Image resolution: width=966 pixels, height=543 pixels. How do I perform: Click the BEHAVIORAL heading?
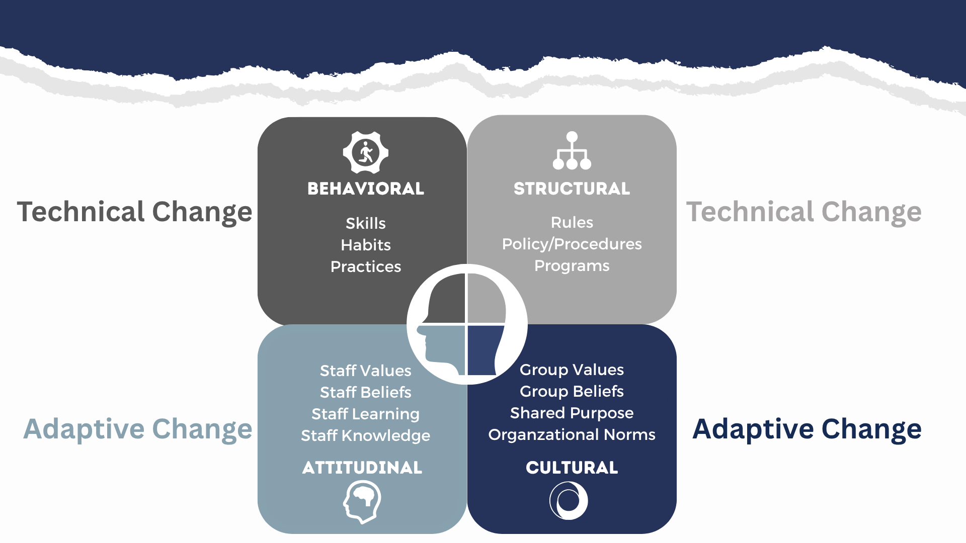[x=366, y=189]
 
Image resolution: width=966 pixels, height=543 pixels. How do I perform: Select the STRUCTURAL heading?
[x=572, y=189]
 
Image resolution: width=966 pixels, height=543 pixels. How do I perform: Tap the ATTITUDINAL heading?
[x=362, y=468]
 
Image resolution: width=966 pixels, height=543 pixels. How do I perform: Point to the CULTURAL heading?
[x=572, y=468]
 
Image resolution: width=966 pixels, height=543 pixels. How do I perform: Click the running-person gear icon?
[x=366, y=152]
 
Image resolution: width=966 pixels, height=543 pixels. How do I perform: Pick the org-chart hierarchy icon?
[x=572, y=150]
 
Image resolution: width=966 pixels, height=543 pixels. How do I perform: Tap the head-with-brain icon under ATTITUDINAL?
[x=362, y=502]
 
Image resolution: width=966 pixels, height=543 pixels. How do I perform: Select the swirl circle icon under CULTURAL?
[x=569, y=501]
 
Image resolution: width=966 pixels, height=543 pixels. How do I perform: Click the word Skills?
[x=366, y=223]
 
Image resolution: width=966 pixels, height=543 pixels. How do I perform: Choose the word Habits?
[x=366, y=245]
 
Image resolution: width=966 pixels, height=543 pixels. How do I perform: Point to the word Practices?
[x=366, y=266]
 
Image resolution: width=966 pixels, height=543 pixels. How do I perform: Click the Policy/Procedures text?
[x=572, y=244]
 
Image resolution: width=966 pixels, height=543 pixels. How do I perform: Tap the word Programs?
[x=572, y=266]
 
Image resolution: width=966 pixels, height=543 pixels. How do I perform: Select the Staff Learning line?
[x=366, y=414]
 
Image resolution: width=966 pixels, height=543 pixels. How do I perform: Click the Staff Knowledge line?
[x=366, y=436]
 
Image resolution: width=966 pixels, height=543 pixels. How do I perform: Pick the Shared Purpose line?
[x=572, y=413]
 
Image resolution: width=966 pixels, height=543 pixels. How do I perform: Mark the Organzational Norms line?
[x=572, y=435]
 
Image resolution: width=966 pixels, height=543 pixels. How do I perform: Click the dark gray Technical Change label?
[x=135, y=212]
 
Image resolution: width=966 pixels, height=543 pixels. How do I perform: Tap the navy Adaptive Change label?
[x=807, y=429]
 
